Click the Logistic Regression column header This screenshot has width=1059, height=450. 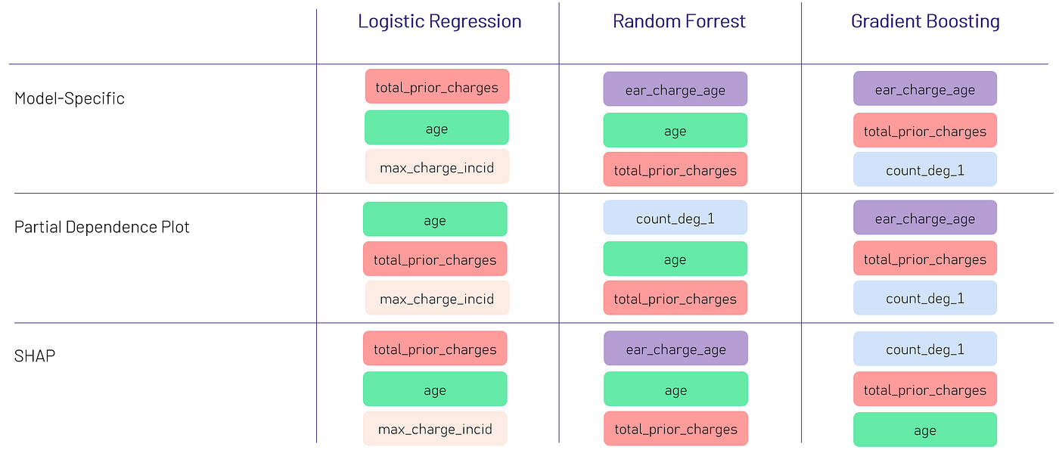click(439, 22)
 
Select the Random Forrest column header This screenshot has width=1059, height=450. click(679, 22)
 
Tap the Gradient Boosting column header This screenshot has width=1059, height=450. click(925, 22)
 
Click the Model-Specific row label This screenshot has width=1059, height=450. click(70, 98)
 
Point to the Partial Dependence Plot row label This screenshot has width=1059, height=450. click(102, 227)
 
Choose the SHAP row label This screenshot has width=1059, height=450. click(35, 355)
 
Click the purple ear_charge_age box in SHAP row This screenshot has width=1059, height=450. click(675, 349)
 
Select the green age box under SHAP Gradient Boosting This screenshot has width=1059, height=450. click(925, 430)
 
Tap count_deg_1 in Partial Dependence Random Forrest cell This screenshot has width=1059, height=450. click(675, 218)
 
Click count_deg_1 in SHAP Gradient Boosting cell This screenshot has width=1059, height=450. click(925, 349)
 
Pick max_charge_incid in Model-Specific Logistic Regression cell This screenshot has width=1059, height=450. click(437, 166)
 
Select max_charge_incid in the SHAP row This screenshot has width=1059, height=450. click(435, 429)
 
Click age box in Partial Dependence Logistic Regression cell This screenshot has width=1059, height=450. click(435, 219)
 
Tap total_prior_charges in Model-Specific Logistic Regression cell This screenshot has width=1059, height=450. click(437, 86)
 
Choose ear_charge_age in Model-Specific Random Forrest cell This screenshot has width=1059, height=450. click(675, 89)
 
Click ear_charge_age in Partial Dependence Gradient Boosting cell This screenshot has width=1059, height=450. click(925, 218)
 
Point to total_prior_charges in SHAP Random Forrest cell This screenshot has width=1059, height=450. click(675, 429)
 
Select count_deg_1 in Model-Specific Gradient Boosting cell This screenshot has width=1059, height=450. click(925, 169)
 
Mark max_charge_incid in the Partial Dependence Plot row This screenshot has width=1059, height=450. click(437, 298)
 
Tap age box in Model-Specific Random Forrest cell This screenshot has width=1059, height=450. click(675, 130)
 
